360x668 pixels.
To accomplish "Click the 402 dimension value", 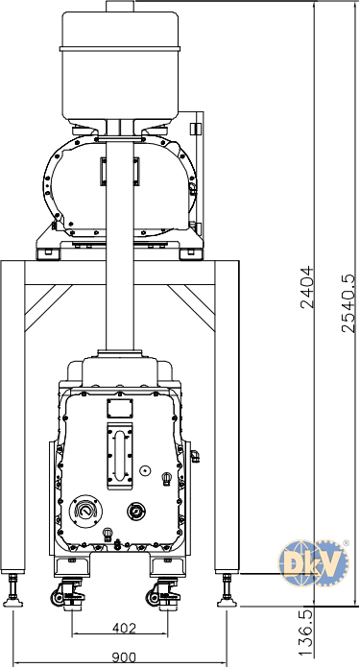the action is [124, 628].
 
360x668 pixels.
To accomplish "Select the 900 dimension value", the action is [124, 657].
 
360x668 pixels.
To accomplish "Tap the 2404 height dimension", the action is [307, 287].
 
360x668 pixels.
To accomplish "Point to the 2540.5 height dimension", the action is [348, 303].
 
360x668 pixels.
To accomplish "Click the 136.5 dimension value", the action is [305, 632].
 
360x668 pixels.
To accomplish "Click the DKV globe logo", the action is [314, 563].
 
